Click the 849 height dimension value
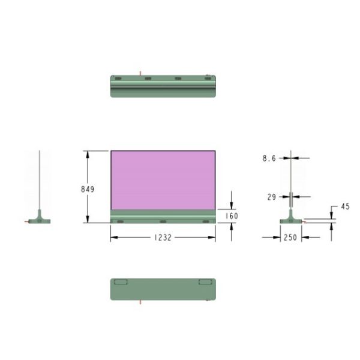88,189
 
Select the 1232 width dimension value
163,238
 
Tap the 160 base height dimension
232,216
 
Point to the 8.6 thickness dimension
269,158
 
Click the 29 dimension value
272,197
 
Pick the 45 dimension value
346,206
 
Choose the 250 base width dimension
290,238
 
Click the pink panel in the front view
163,180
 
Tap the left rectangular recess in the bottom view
121,282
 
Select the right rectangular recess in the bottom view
205,282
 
